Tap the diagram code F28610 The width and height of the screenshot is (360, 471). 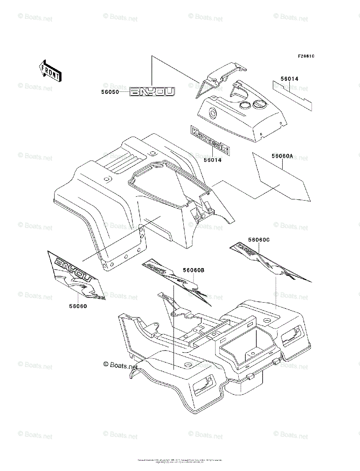click(x=306, y=56)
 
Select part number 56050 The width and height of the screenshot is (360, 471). click(x=109, y=92)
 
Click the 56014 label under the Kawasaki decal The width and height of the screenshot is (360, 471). click(x=212, y=160)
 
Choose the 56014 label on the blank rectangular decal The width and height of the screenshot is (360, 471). click(x=289, y=79)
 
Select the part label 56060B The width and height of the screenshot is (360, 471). click(x=194, y=270)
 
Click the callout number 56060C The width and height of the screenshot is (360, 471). click(x=259, y=239)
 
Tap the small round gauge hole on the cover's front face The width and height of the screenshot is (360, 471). click(x=213, y=113)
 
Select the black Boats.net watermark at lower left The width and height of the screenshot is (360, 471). click(x=121, y=365)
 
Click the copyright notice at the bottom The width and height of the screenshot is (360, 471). click(x=180, y=460)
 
